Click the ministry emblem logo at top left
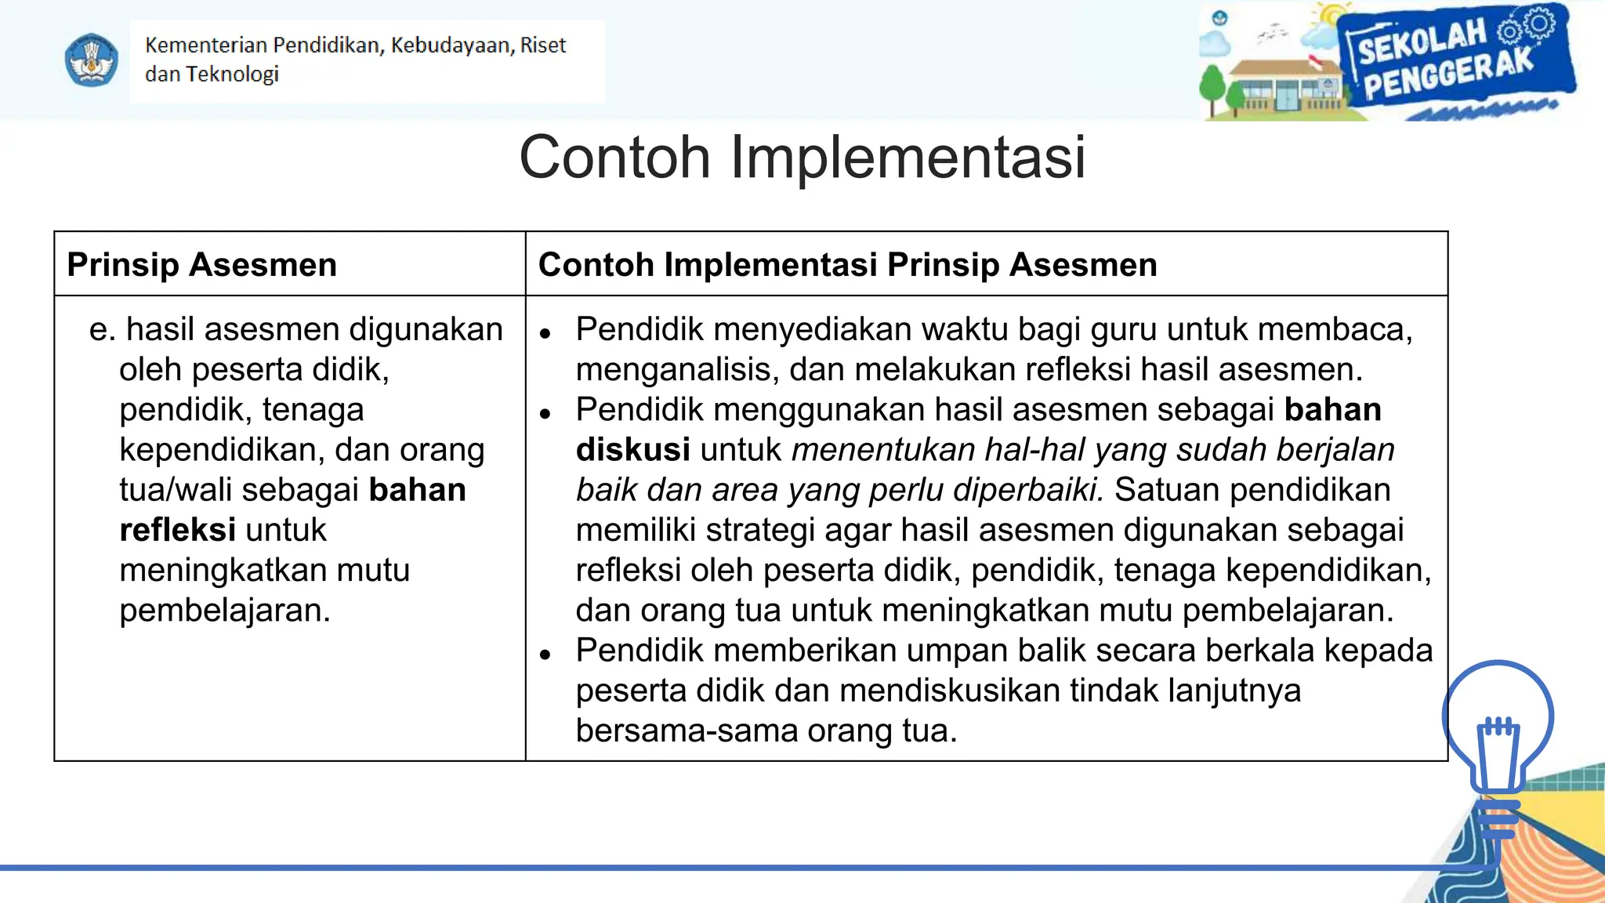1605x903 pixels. [91, 60]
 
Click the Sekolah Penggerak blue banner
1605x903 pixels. [1454, 61]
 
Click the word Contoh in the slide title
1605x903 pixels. [614, 158]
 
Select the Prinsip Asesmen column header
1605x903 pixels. [202, 265]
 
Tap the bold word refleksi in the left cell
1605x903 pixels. [177, 531]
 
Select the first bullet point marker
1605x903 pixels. [545, 334]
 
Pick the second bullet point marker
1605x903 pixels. [545, 415]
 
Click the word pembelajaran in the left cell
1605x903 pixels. [224, 611]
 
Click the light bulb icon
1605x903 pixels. [1497, 745]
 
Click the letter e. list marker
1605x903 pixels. [102, 330]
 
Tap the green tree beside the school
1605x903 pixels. [1212, 88]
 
